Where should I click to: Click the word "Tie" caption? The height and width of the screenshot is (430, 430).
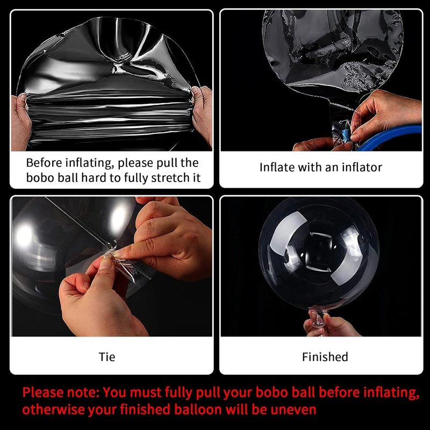[107, 357]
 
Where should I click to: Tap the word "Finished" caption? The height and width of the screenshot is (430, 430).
[325, 357]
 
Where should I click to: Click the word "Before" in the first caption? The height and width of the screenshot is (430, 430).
[44, 163]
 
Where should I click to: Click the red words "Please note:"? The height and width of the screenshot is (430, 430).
[61, 392]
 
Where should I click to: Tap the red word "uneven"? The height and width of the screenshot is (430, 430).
[293, 410]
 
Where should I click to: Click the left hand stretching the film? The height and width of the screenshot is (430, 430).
[21, 122]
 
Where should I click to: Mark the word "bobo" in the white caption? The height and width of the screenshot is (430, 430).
[40, 178]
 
